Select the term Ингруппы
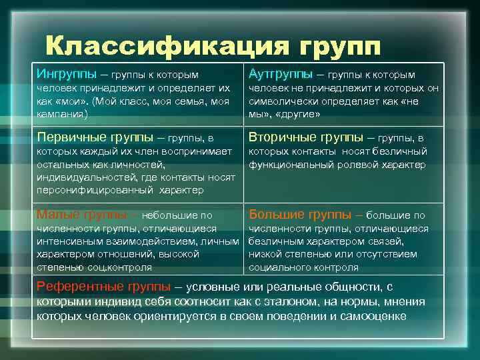(x=63, y=73)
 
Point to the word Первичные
(x=69, y=138)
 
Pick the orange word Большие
(x=276, y=215)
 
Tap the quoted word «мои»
(x=68, y=101)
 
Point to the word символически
(x=283, y=101)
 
